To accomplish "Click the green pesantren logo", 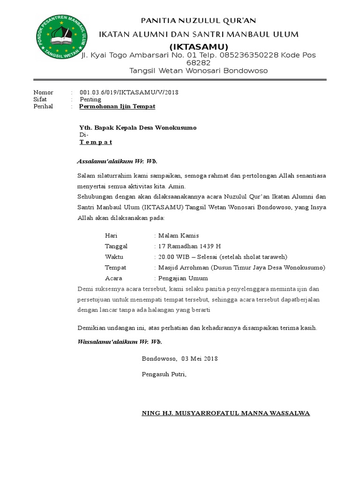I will [x=61, y=37].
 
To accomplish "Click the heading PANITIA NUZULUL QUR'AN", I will [x=199, y=21].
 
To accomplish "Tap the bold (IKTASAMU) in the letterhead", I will [x=199, y=47].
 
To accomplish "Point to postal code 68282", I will [x=198, y=63].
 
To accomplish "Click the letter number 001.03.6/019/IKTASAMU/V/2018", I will [x=129, y=92].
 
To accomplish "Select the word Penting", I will [x=90, y=99].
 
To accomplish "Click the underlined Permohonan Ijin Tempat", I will [x=117, y=106].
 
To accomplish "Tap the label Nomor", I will [x=43, y=92].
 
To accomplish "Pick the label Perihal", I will [x=44, y=106].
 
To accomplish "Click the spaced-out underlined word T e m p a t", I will [x=96, y=142].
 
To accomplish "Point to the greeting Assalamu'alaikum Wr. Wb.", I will [x=117, y=162].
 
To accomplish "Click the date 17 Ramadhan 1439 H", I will [x=189, y=246].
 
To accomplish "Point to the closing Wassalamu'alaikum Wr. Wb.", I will [x=120, y=342].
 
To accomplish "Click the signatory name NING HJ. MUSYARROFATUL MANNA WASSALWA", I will [x=226, y=413].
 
